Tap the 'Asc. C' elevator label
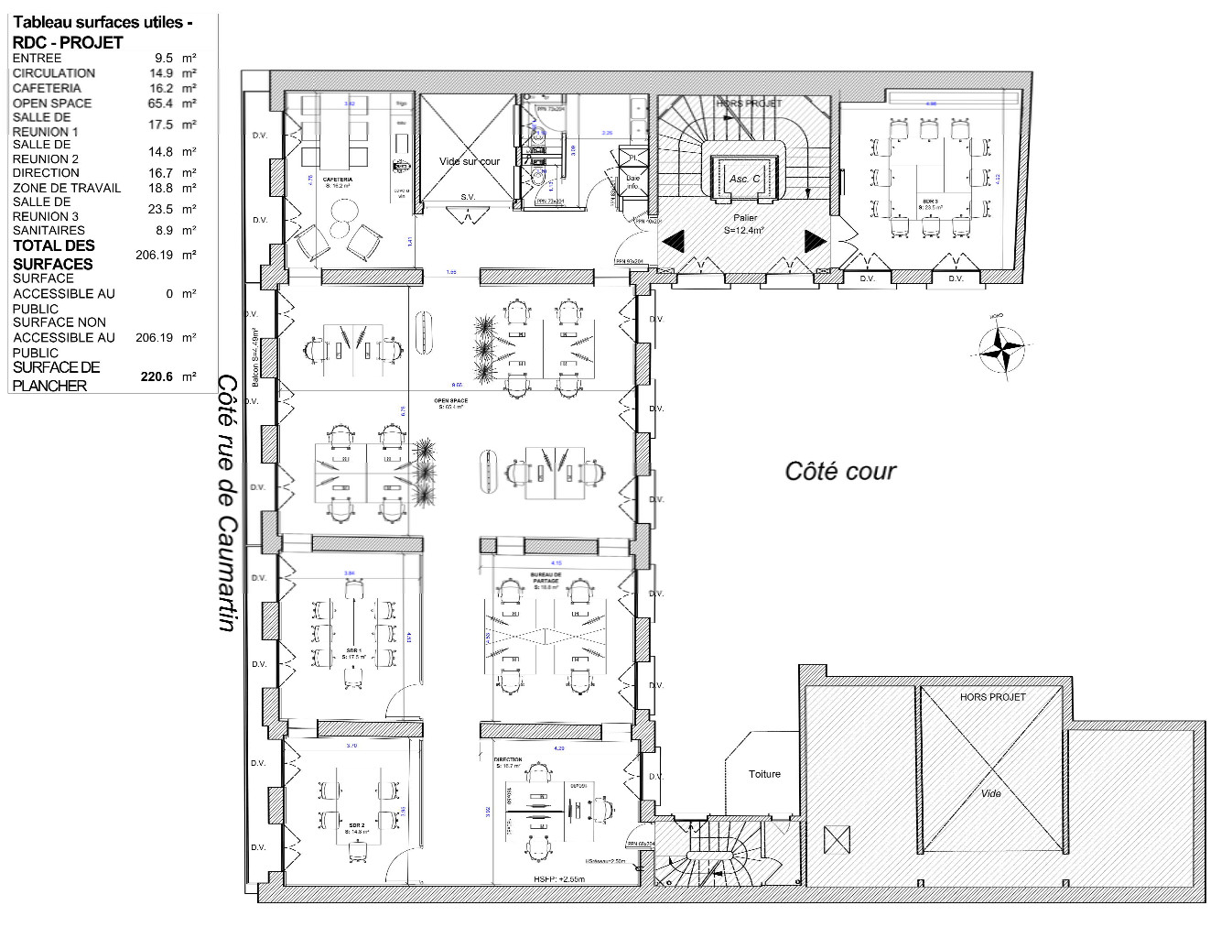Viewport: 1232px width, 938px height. click(743, 179)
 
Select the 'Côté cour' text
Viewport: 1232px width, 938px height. click(840, 471)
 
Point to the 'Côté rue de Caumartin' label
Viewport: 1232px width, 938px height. click(227, 503)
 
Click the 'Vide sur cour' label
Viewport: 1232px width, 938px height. click(470, 161)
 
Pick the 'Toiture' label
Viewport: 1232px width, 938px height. click(764, 774)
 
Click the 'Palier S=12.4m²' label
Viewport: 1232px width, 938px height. click(742, 224)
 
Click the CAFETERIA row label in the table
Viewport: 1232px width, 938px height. click(47, 88)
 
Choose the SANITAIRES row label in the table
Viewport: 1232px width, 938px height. click(49, 231)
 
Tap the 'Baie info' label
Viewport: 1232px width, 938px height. click(632, 182)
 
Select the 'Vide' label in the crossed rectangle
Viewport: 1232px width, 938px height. click(991, 793)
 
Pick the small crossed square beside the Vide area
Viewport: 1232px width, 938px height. click(836, 838)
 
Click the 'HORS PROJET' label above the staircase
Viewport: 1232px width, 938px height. click(749, 104)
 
